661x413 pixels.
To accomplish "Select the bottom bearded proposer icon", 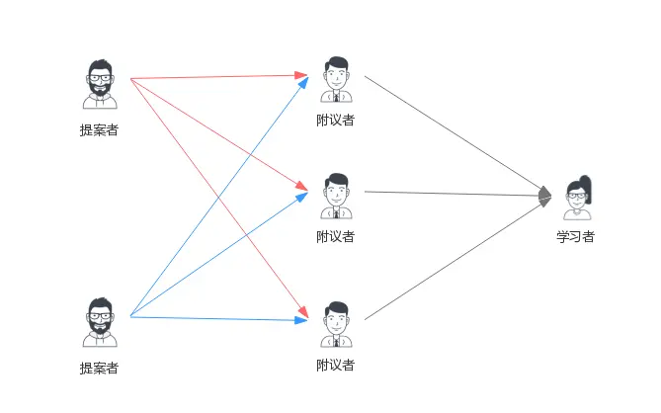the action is pos(99,321).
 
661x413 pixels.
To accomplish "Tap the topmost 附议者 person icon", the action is pos(336,79).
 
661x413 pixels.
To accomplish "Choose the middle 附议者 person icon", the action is pos(336,195).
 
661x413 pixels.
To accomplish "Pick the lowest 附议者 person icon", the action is pos(336,323).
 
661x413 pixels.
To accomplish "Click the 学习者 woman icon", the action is pos(577,199).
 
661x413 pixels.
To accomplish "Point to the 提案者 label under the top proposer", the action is pos(99,129).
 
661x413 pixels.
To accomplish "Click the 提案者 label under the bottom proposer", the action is pos(99,369).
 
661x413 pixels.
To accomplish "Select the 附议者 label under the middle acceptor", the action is pos(336,237).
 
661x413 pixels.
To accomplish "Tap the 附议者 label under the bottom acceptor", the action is pos(336,366).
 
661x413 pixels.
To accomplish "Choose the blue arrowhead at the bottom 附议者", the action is pos(302,320).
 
